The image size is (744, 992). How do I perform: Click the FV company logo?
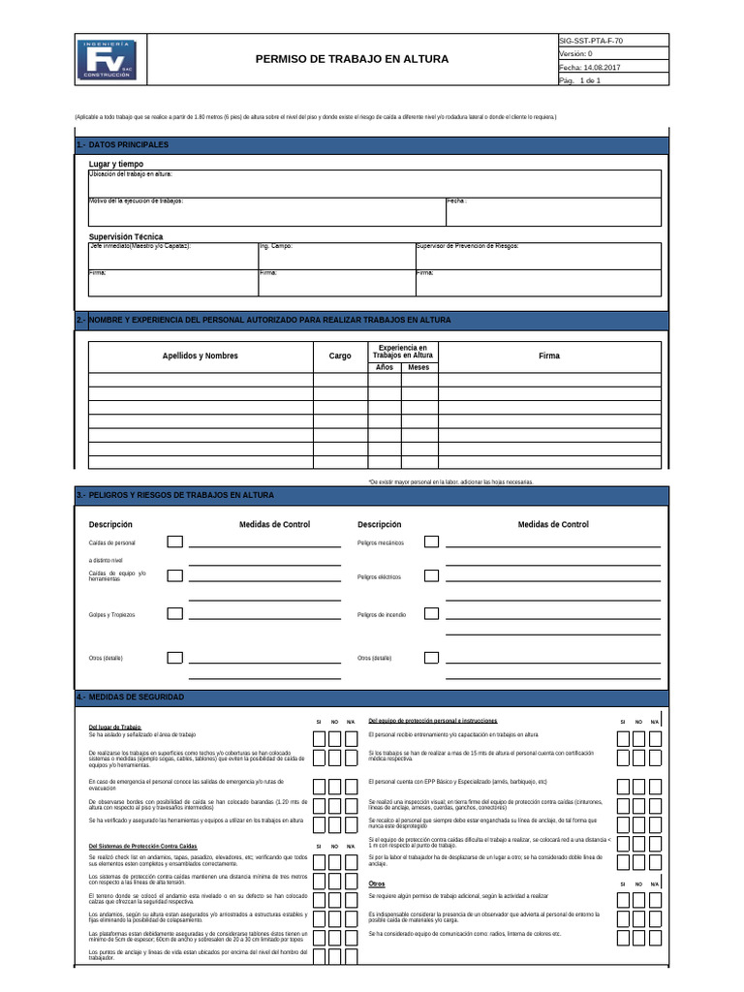(x=108, y=59)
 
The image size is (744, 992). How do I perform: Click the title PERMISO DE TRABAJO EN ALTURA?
(x=352, y=59)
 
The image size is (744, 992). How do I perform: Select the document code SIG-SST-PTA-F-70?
(x=592, y=41)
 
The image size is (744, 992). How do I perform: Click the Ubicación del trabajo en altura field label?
(x=131, y=173)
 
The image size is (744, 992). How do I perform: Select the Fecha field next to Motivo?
(x=553, y=211)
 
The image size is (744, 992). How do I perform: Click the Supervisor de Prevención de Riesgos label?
(x=467, y=246)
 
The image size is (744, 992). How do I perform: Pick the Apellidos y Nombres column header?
(x=200, y=356)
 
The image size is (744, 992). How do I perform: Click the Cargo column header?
(x=340, y=356)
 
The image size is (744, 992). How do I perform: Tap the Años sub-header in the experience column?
(x=384, y=367)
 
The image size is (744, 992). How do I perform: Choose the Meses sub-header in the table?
(x=418, y=367)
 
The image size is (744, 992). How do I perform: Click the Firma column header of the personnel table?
(x=549, y=356)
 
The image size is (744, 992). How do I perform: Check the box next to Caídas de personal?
(x=174, y=542)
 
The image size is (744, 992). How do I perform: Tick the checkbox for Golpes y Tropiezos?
(x=174, y=614)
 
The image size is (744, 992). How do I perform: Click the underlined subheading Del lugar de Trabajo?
(x=114, y=727)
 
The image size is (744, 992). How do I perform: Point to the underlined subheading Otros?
(x=377, y=884)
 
